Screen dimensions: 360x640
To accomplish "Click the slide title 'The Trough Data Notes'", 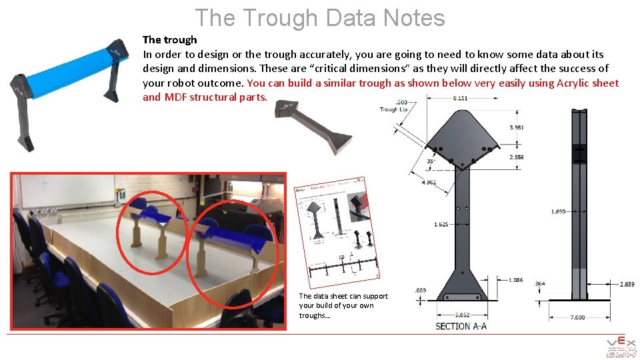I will coord(320,17).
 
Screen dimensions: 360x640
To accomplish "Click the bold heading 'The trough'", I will coord(170,40).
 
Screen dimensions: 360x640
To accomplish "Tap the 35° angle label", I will coord(431,161).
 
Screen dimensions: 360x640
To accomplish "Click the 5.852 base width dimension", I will coord(462,315).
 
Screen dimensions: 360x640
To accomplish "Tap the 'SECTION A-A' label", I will coord(461,326).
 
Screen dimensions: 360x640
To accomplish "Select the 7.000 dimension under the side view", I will coord(577,317).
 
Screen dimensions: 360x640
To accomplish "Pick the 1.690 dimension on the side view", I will coord(559,211).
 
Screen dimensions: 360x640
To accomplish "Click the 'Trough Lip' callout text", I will coord(389,109).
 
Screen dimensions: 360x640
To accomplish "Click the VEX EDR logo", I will coord(620,347).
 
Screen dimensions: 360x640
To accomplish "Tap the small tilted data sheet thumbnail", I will coord(337,227).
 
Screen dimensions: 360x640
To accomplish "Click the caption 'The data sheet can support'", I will coord(343,296).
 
